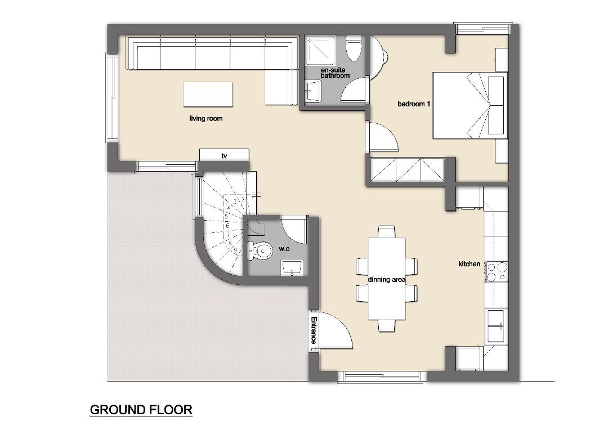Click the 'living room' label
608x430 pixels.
[x=206, y=118]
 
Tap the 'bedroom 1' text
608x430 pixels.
[x=414, y=104]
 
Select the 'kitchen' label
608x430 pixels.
[x=469, y=263]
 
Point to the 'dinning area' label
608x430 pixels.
[x=387, y=280]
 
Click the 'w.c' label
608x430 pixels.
[x=284, y=249]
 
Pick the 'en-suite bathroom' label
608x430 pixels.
[x=335, y=73]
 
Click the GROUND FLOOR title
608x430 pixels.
[x=141, y=409]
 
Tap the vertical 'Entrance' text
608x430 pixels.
[x=314, y=330]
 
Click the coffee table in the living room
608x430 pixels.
[x=208, y=94]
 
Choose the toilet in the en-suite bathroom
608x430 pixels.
[x=353, y=49]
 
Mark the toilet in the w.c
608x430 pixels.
[x=260, y=251]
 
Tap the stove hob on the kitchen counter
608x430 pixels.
[x=497, y=271]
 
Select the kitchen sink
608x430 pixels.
[x=497, y=326]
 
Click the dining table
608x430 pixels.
[x=387, y=279]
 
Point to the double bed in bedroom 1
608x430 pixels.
[x=470, y=105]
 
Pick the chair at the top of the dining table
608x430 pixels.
[x=387, y=231]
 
